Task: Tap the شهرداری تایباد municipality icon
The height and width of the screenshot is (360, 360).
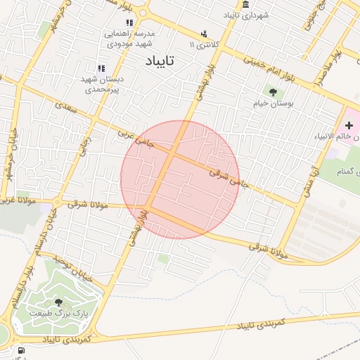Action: [245, 6]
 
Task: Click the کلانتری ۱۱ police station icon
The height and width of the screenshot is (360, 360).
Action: [204, 34]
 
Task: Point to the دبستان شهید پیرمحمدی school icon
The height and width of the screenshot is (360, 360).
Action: [101, 68]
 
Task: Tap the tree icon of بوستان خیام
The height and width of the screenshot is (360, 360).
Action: [272, 91]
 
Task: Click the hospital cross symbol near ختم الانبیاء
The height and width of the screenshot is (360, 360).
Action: [349, 124]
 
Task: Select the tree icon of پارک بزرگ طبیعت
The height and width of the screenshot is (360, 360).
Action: [58, 302]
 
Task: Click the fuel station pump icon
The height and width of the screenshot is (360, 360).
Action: [20, 349]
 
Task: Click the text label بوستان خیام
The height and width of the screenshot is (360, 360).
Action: [274, 103]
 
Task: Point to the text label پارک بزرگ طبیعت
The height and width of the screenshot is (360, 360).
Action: [58, 314]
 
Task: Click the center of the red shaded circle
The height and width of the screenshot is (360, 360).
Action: [180, 180]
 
